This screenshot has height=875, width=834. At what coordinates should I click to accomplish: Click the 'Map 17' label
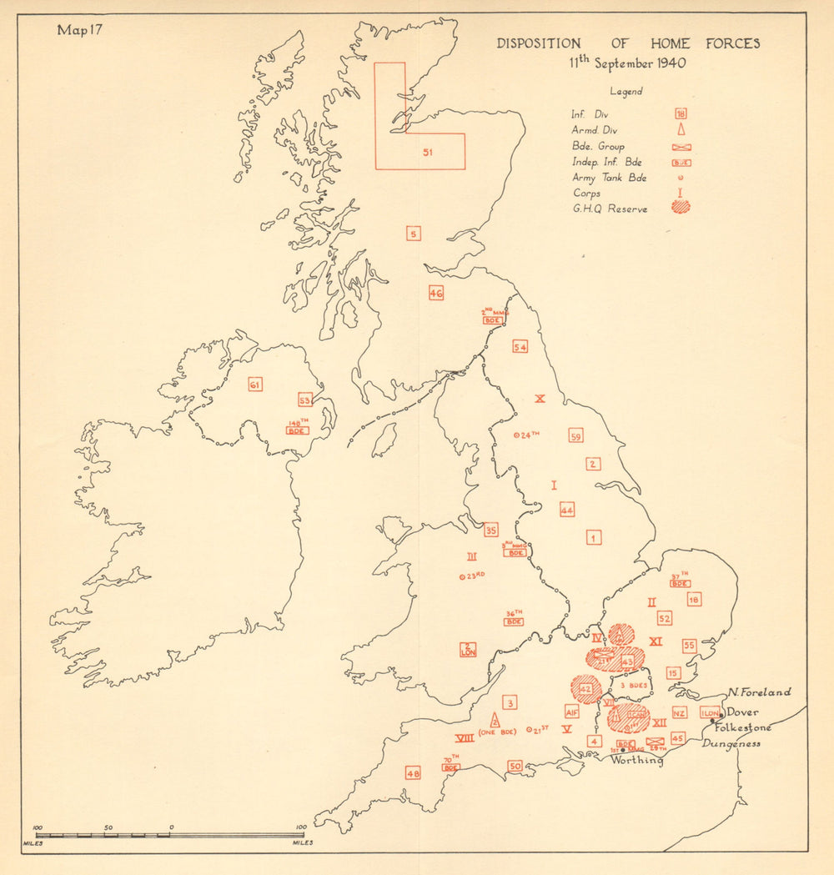79,30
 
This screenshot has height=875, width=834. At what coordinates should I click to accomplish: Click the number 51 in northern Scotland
428,153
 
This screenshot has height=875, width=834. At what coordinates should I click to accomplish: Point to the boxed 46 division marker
435,293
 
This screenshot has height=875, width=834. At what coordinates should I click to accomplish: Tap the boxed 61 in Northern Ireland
255,385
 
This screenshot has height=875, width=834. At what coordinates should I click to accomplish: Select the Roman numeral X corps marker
540,399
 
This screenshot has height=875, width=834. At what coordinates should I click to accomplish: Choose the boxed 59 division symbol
575,435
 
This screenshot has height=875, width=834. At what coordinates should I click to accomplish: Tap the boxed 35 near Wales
491,531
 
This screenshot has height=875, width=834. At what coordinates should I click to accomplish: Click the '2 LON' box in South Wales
469,650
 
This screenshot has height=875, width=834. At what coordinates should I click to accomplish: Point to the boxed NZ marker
679,713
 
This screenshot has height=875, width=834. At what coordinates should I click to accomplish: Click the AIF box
571,712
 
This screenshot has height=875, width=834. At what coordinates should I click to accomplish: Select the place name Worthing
637,760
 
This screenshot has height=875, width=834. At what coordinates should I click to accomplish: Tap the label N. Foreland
758,692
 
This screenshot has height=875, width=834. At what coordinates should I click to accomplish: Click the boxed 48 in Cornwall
413,773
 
